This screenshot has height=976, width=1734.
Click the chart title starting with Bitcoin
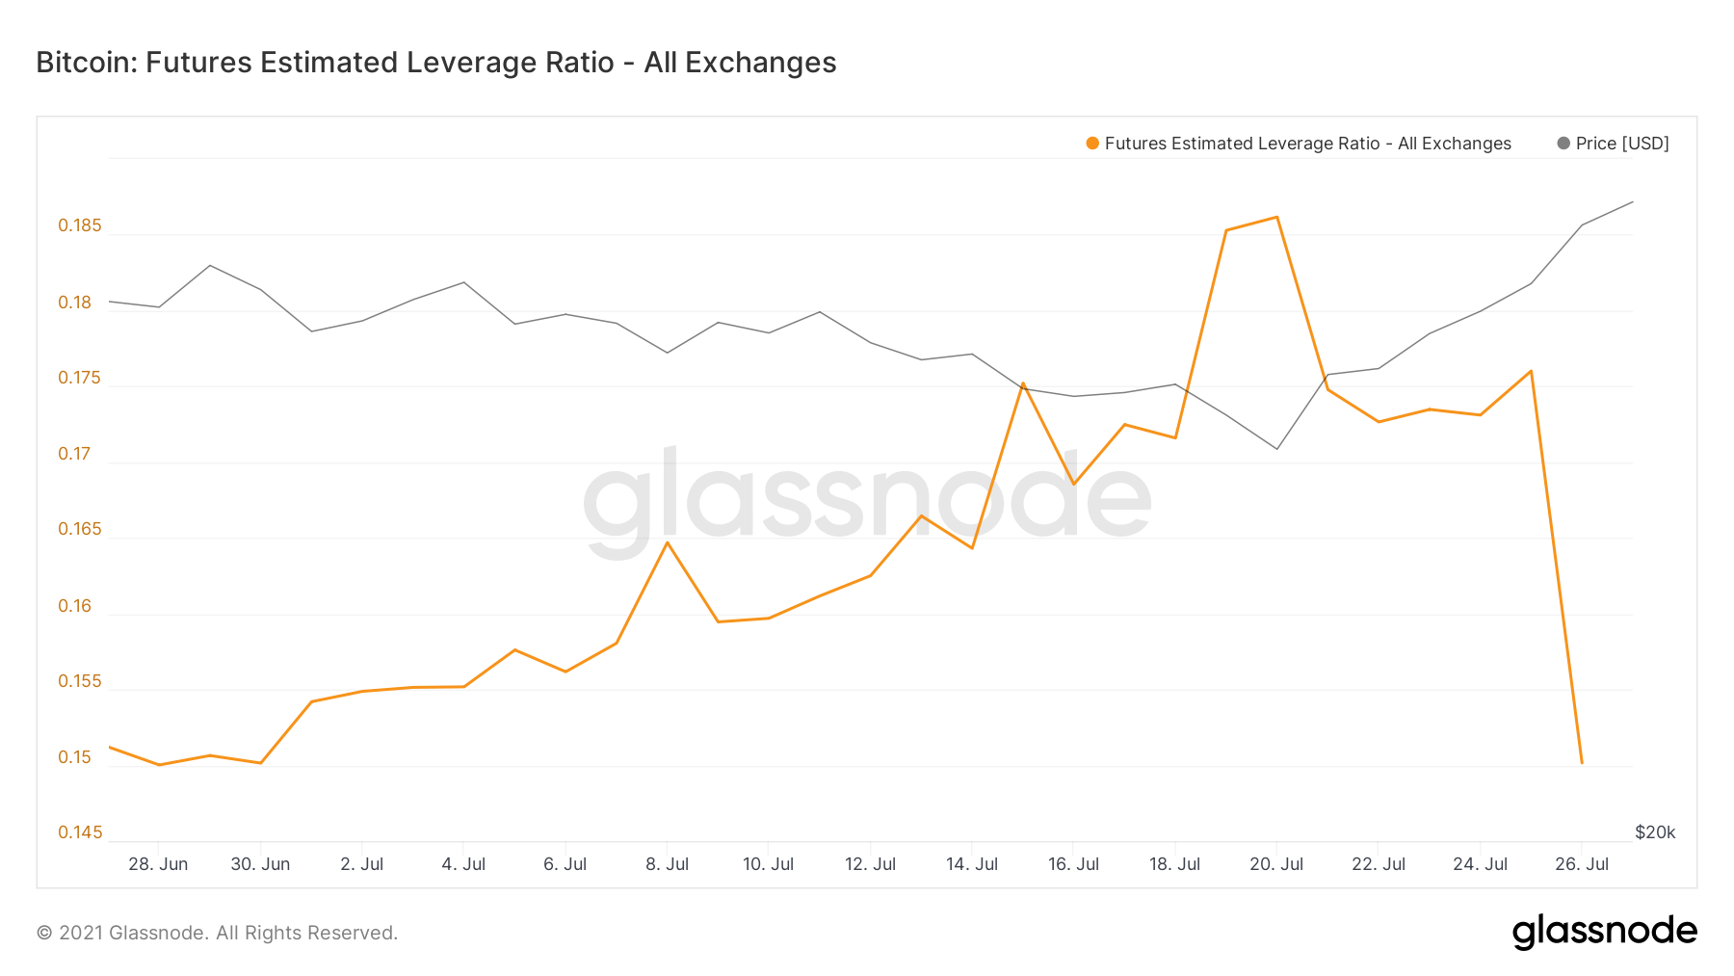[x=435, y=63]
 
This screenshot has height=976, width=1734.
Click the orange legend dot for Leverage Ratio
[x=1092, y=144]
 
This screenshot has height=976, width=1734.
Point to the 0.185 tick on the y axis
[x=79, y=226]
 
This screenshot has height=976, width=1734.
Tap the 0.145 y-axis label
[x=79, y=832]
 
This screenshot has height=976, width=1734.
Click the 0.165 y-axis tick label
[x=79, y=529]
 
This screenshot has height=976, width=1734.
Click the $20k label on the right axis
[x=1655, y=832]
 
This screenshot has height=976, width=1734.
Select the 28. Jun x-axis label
[x=158, y=864]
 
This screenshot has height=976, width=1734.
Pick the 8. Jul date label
[x=667, y=864]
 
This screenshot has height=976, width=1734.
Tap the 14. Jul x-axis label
[x=971, y=864]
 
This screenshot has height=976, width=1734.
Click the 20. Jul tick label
[x=1276, y=864]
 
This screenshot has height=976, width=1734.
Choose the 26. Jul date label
[x=1582, y=864]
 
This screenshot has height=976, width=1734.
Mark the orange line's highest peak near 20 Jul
[x=1277, y=217]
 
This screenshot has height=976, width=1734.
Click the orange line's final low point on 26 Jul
[x=1582, y=763]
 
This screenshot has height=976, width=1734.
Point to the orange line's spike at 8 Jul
[x=668, y=542]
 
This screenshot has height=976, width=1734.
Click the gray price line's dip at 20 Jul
[x=1277, y=449]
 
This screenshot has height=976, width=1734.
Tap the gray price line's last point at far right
[x=1633, y=202]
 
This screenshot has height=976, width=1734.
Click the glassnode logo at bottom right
[x=1604, y=933]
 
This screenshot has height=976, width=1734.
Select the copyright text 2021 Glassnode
[x=217, y=933]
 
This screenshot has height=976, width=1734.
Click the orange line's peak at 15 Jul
[x=1023, y=383]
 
